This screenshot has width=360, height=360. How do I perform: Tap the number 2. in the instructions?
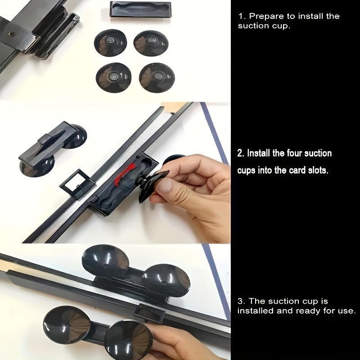pyautogui.click(x=241, y=153)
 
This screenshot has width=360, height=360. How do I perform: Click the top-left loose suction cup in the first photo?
pyautogui.click(x=110, y=43)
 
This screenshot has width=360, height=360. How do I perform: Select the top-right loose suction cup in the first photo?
pyautogui.click(x=151, y=43)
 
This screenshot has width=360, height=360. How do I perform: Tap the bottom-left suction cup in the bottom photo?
pyautogui.click(x=66, y=324)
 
